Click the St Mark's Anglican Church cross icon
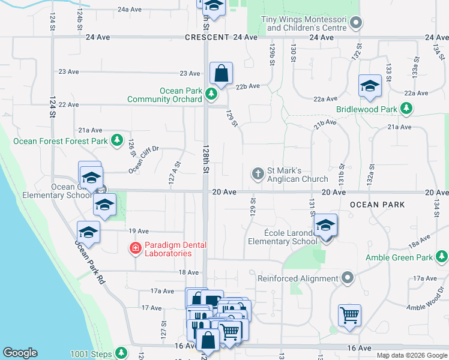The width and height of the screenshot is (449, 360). click(x=258, y=173)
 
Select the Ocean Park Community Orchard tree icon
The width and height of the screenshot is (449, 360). click(x=211, y=94)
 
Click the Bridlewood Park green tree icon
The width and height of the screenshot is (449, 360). click(x=407, y=108)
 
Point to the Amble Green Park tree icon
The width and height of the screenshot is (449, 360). click(x=441, y=257)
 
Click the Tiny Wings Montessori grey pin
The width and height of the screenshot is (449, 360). click(x=357, y=24)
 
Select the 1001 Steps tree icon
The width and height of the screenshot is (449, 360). click(x=122, y=352)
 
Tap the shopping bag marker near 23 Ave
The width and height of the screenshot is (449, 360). click(x=221, y=74)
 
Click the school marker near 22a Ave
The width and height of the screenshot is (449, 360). click(x=370, y=86)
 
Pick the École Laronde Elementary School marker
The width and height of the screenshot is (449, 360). click(x=325, y=226)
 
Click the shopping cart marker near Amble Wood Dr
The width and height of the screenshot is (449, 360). click(x=349, y=314)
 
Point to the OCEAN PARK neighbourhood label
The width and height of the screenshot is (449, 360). click(x=378, y=205)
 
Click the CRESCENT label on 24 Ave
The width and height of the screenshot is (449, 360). click(x=207, y=37)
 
